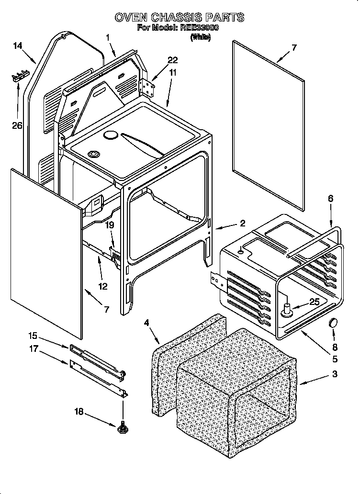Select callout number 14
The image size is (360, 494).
(18, 46)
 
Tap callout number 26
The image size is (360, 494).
(18, 125)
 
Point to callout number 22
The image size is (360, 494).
(172, 60)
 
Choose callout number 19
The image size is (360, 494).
(110, 225)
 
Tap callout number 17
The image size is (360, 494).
(33, 349)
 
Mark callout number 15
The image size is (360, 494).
(33, 336)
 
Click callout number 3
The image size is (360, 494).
(335, 374)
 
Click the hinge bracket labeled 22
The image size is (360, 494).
(148, 87)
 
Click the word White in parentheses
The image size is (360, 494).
(200, 37)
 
